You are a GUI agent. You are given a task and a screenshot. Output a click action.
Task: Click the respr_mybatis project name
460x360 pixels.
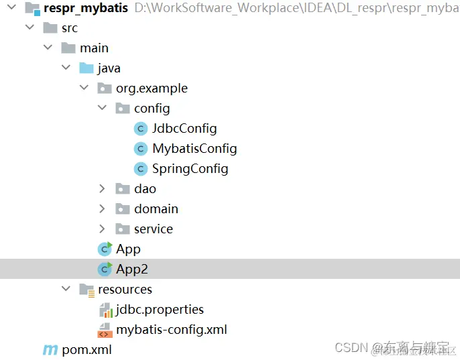tap(85, 8)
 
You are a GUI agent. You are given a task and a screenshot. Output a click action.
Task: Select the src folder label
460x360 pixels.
tap(70, 28)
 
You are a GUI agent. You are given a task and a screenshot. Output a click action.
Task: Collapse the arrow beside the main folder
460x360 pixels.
tap(48, 48)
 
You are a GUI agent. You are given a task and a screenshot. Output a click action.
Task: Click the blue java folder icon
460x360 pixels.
tap(86, 68)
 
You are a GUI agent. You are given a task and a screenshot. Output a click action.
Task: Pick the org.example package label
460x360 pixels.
tap(152, 88)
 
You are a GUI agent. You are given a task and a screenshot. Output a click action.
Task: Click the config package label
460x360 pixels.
tap(152, 109)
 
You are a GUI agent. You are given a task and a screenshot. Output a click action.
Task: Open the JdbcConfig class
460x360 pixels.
tap(184, 129)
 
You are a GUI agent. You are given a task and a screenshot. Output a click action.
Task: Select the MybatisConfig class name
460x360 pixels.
tap(194, 149)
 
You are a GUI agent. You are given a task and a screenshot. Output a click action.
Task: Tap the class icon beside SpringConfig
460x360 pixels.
tap(141, 169)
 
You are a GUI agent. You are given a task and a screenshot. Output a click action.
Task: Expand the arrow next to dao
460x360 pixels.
tap(102, 189)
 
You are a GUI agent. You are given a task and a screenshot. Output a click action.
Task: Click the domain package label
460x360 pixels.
tap(156, 209)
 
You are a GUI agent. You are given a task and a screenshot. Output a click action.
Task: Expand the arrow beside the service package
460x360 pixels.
tap(102, 229)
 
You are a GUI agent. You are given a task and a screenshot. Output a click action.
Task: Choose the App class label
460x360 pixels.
tap(128, 249)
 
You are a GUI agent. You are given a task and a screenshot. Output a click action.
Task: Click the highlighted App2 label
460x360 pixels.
tap(131, 269)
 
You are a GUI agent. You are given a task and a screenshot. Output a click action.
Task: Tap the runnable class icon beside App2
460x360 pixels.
tap(105, 269)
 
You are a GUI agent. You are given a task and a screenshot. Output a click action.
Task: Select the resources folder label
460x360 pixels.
tap(125, 290)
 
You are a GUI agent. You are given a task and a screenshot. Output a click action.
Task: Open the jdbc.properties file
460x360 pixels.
tap(160, 310)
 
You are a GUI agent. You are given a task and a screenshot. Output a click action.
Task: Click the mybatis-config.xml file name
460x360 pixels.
tap(172, 330)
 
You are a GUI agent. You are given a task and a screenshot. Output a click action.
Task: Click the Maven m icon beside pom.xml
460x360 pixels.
tap(50, 350)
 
